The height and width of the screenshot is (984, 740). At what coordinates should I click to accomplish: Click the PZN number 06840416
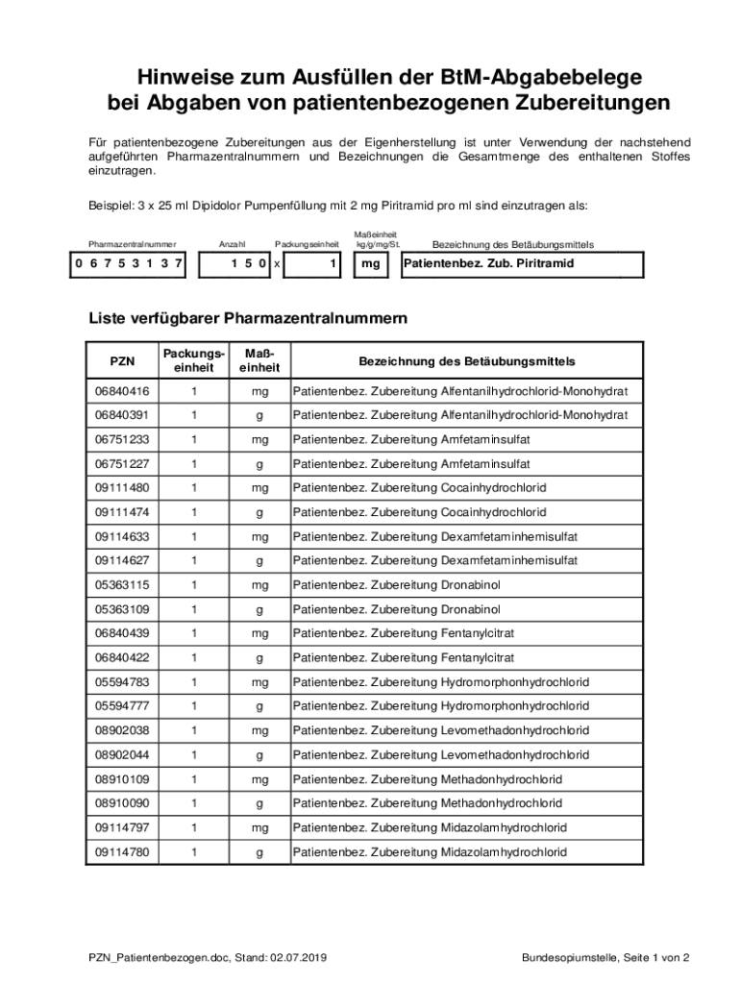pyautogui.click(x=122, y=391)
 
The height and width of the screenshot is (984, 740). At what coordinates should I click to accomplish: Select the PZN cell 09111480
pyautogui.click(x=122, y=488)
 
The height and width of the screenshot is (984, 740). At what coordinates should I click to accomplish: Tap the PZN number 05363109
pyautogui.click(x=122, y=609)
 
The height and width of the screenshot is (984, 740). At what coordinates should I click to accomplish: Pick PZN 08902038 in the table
pyautogui.click(x=122, y=730)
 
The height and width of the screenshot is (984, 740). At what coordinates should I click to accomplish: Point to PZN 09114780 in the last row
pyautogui.click(x=122, y=851)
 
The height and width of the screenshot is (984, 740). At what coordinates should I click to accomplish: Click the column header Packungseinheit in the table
pyautogui.click(x=193, y=361)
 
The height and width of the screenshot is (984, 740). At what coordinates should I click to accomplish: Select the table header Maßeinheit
pyautogui.click(x=259, y=361)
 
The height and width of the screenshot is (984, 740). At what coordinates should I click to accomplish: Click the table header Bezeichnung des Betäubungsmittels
pyautogui.click(x=467, y=361)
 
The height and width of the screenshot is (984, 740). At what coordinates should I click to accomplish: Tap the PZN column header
pyautogui.click(x=122, y=361)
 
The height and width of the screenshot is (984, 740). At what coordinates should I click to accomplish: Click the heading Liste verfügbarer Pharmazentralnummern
pyautogui.click(x=248, y=317)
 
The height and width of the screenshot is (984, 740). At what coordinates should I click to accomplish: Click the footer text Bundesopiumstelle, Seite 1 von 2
pyautogui.click(x=605, y=957)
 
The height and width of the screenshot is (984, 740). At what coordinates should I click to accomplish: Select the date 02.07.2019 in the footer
pyautogui.click(x=299, y=957)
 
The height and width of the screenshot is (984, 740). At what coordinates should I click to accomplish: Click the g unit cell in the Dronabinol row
pyautogui.click(x=259, y=609)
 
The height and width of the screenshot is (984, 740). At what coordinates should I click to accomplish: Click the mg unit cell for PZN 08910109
pyautogui.click(x=259, y=779)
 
